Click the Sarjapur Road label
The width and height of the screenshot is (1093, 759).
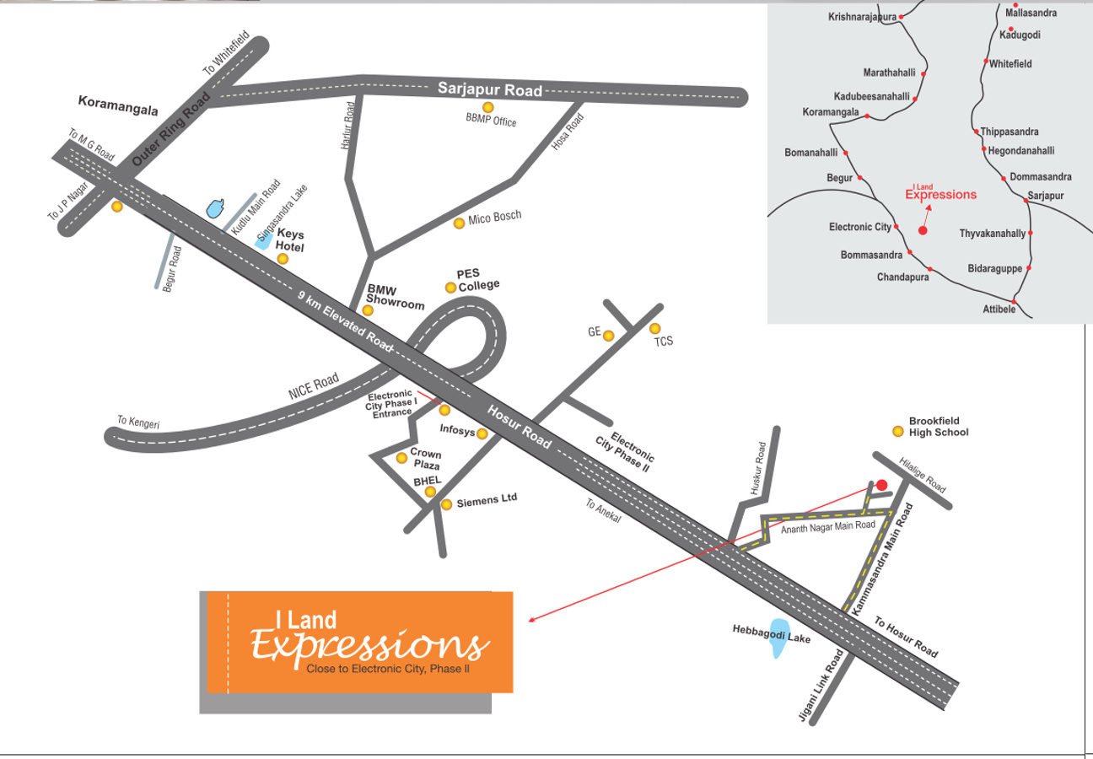coord(489,89)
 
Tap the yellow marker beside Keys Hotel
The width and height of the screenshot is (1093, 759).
coord(283,259)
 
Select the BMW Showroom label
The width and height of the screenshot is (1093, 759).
coord(395,297)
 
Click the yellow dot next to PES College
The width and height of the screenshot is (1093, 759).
coord(450,288)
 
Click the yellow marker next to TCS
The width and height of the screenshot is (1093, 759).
coord(655,328)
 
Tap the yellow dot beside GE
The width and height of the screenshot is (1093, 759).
coord(608,336)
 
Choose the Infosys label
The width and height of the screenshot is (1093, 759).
coord(457,430)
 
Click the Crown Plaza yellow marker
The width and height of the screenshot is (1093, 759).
coord(401,458)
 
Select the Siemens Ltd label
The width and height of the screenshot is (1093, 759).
coord(487,501)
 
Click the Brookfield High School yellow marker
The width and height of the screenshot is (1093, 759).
coord(898,432)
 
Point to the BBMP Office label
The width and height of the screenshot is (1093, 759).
coord(491,121)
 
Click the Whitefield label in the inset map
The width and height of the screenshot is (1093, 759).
coord(1010,64)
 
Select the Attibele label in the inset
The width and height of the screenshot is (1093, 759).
coord(1000,310)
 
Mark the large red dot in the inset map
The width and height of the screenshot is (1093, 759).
coord(923,229)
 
